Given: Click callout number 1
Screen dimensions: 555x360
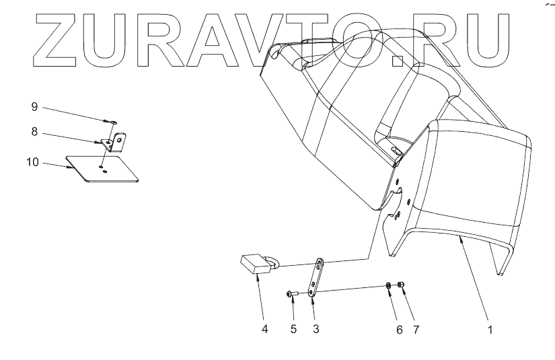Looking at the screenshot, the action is pyautogui.click(x=490, y=330).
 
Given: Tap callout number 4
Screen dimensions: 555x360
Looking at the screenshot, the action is pyautogui.click(x=264, y=330).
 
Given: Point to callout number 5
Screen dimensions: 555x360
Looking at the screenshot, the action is pyautogui.click(x=293, y=330).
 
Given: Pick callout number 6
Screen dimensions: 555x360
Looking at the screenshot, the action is pyautogui.click(x=399, y=330).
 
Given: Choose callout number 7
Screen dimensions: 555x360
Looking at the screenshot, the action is pyautogui.click(x=416, y=330).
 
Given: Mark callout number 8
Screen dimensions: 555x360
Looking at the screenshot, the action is pyautogui.click(x=34, y=133).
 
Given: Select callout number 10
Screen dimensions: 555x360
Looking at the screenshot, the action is pyautogui.click(x=32, y=162).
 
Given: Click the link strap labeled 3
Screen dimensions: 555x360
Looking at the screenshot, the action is pyautogui.click(x=316, y=276).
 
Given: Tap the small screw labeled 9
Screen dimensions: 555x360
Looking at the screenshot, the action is pyautogui.click(x=112, y=122).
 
